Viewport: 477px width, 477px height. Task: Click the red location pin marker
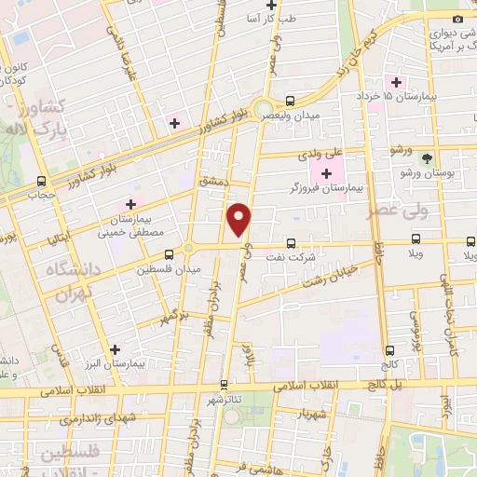pyautogui.click(x=239, y=219)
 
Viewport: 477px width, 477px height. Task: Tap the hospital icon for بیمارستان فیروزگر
pyautogui.click(x=326, y=173)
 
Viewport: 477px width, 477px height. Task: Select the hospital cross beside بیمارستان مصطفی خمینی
pyautogui.click(x=130, y=203)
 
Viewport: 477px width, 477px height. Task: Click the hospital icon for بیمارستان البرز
pyautogui.click(x=115, y=350)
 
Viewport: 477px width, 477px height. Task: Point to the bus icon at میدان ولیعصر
pyautogui.click(x=290, y=100)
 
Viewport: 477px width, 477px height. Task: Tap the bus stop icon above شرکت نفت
pyautogui.click(x=291, y=243)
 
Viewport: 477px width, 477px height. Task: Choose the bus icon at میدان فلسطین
pyautogui.click(x=169, y=253)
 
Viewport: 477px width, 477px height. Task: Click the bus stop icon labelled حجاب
pyautogui.click(x=40, y=181)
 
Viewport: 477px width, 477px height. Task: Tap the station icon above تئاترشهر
pyautogui.click(x=223, y=384)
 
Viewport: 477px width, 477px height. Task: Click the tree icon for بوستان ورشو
pyautogui.click(x=427, y=159)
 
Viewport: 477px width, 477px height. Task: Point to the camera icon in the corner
pyautogui.click(x=457, y=20)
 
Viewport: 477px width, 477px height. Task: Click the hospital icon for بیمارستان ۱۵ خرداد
pyautogui.click(x=397, y=82)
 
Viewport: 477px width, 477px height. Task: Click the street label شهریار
pyautogui.click(x=311, y=412)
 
